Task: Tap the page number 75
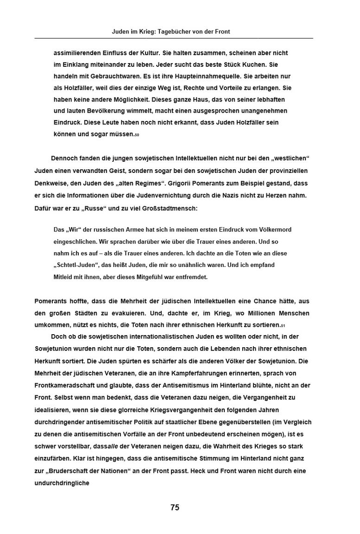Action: tap(175, 507)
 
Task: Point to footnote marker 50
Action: tap(137, 135)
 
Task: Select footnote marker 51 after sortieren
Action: tap(283, 325)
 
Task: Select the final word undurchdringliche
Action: tap(62, 483)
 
